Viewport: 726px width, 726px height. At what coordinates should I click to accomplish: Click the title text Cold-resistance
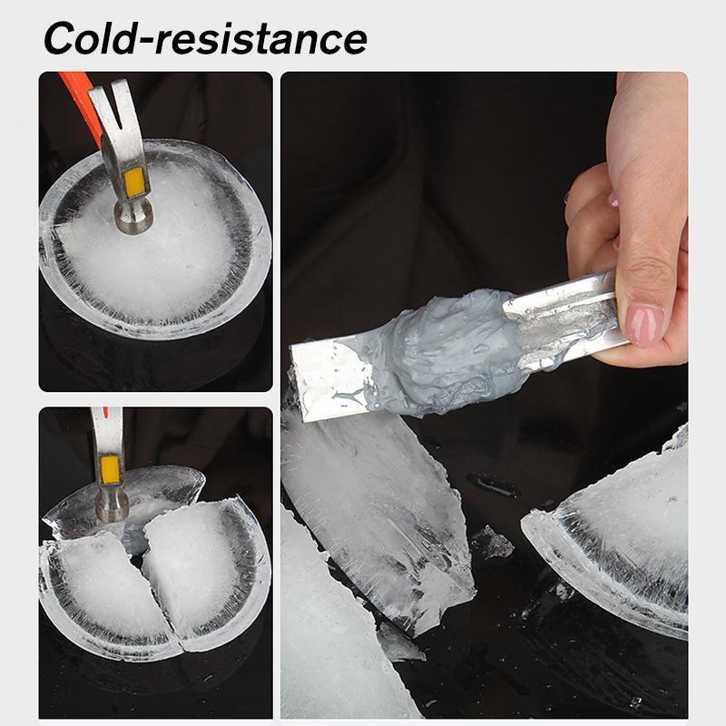205,38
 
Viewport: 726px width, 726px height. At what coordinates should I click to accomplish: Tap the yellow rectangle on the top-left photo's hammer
137,183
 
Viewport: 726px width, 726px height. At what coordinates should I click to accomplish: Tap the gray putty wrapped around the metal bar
445,349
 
